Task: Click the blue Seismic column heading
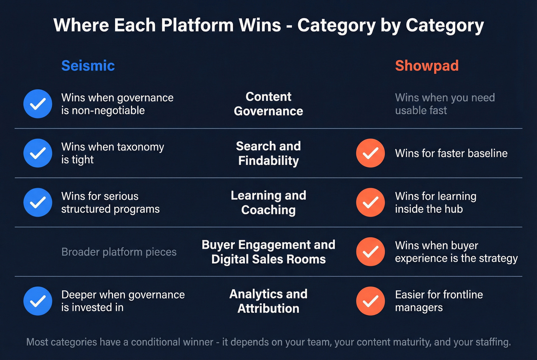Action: (88, 66)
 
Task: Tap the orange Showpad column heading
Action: (427, 66)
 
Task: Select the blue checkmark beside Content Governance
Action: (38, 104)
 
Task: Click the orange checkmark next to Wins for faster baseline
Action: (371, 153)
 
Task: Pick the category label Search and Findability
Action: (268, 153)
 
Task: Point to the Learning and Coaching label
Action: (268, 202)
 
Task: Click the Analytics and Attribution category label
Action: (268, 301)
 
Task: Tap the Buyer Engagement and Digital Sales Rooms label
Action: (268, 252)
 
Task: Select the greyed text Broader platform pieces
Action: (119, 252)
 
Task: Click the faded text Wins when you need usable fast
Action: (445, 104)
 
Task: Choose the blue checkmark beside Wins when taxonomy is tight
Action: (38, 153)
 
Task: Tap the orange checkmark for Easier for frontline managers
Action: (371, 301)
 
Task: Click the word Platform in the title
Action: (197, 25)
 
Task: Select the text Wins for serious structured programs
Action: (110, 202)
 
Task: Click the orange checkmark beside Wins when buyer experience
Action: (371, 252)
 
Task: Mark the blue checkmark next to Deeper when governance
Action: (38, 301)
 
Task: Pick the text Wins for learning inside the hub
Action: (436, 202)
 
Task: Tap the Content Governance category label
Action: (268, 104)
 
